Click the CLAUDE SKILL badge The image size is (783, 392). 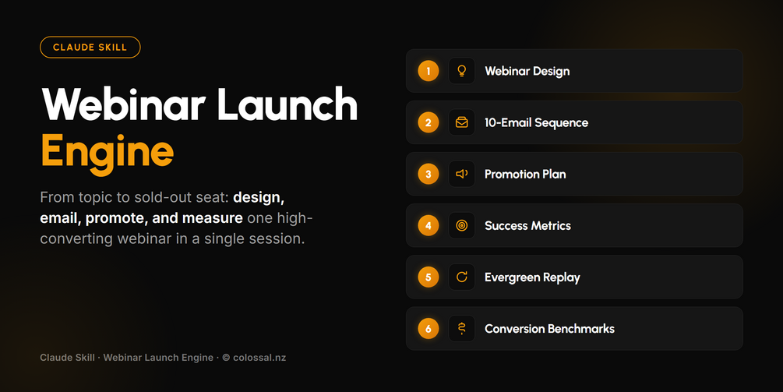pos(90,48)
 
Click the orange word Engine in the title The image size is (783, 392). pos(108,152)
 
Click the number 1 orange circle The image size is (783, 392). pos(429,71)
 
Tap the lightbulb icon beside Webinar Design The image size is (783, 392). pos(462,71)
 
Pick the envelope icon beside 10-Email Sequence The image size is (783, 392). pos(462,122)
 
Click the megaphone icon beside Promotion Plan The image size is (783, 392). pos(462,174)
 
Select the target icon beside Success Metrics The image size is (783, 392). pos(462,226)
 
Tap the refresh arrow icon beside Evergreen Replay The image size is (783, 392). pos(462,277)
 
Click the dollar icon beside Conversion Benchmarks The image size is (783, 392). pos(462,329)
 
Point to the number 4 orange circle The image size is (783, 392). pos(429,226)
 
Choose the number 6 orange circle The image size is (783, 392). pos(429,329)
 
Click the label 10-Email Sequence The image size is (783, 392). pos(536,123)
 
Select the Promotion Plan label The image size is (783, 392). pos(525,175)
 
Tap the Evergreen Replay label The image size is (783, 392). pos(532,277)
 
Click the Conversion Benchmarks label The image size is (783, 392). pos(549,329)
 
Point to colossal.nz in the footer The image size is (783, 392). pos(259,358)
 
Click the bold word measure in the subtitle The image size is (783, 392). pos(212,218)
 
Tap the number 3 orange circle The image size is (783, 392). pos(429,175)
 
